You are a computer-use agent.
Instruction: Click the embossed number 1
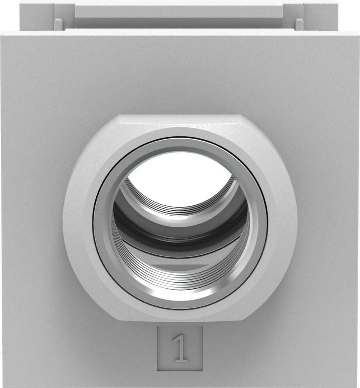[x=180, y=349]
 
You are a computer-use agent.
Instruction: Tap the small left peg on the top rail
[x=58, y=25]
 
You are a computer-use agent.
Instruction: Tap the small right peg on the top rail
[x=299, y=25]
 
